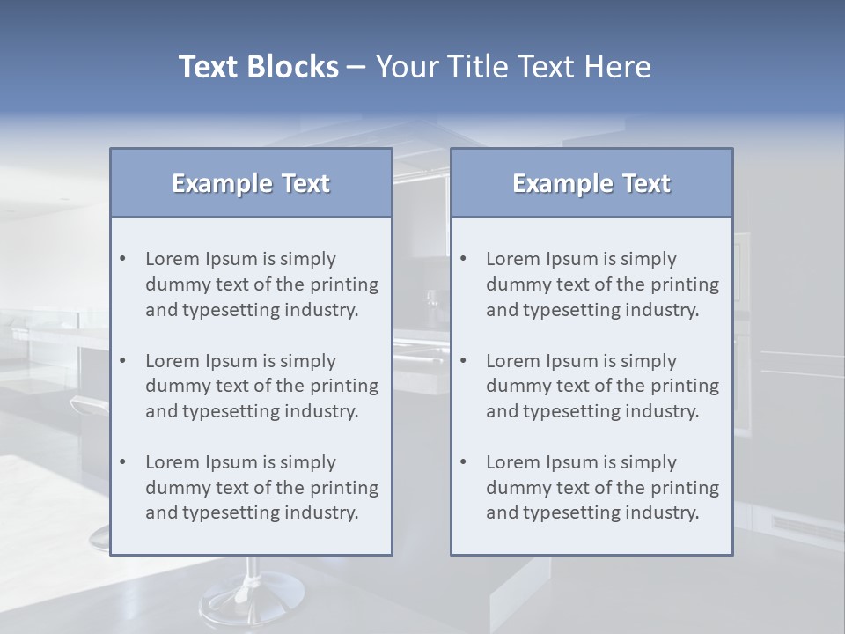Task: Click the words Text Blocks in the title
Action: (258, 67)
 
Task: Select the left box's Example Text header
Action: (251, 183)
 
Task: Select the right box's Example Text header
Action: (591, 183)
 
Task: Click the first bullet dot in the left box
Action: (122, 259)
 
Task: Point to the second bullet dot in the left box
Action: (122, 361)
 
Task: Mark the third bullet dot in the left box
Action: (122, 462)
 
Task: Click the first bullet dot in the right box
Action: (463, 259)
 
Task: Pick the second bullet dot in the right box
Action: (463, 361)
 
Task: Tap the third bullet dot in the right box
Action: (463, 462)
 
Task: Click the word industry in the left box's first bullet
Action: (323, 310)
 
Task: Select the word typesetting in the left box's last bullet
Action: (231, 513)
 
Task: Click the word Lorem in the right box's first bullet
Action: (511, 259)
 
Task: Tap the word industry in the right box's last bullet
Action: (664, 513)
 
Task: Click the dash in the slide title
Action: (356, 68)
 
